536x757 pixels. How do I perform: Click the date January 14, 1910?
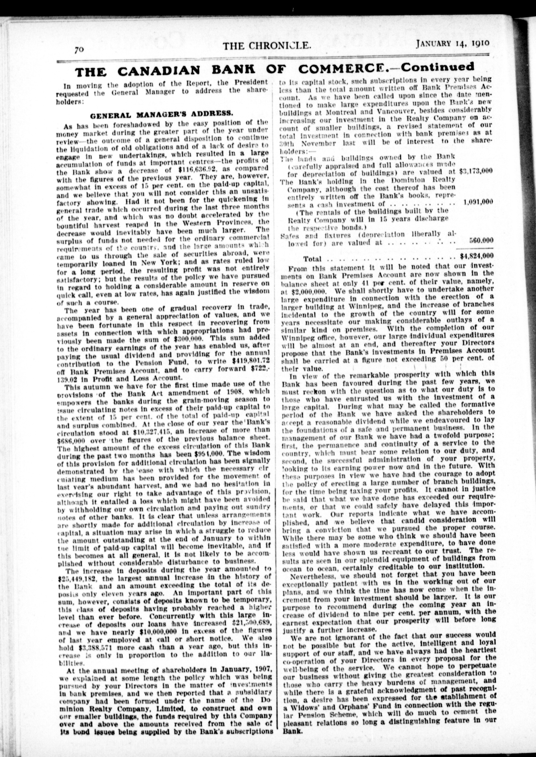click(452, 44)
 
